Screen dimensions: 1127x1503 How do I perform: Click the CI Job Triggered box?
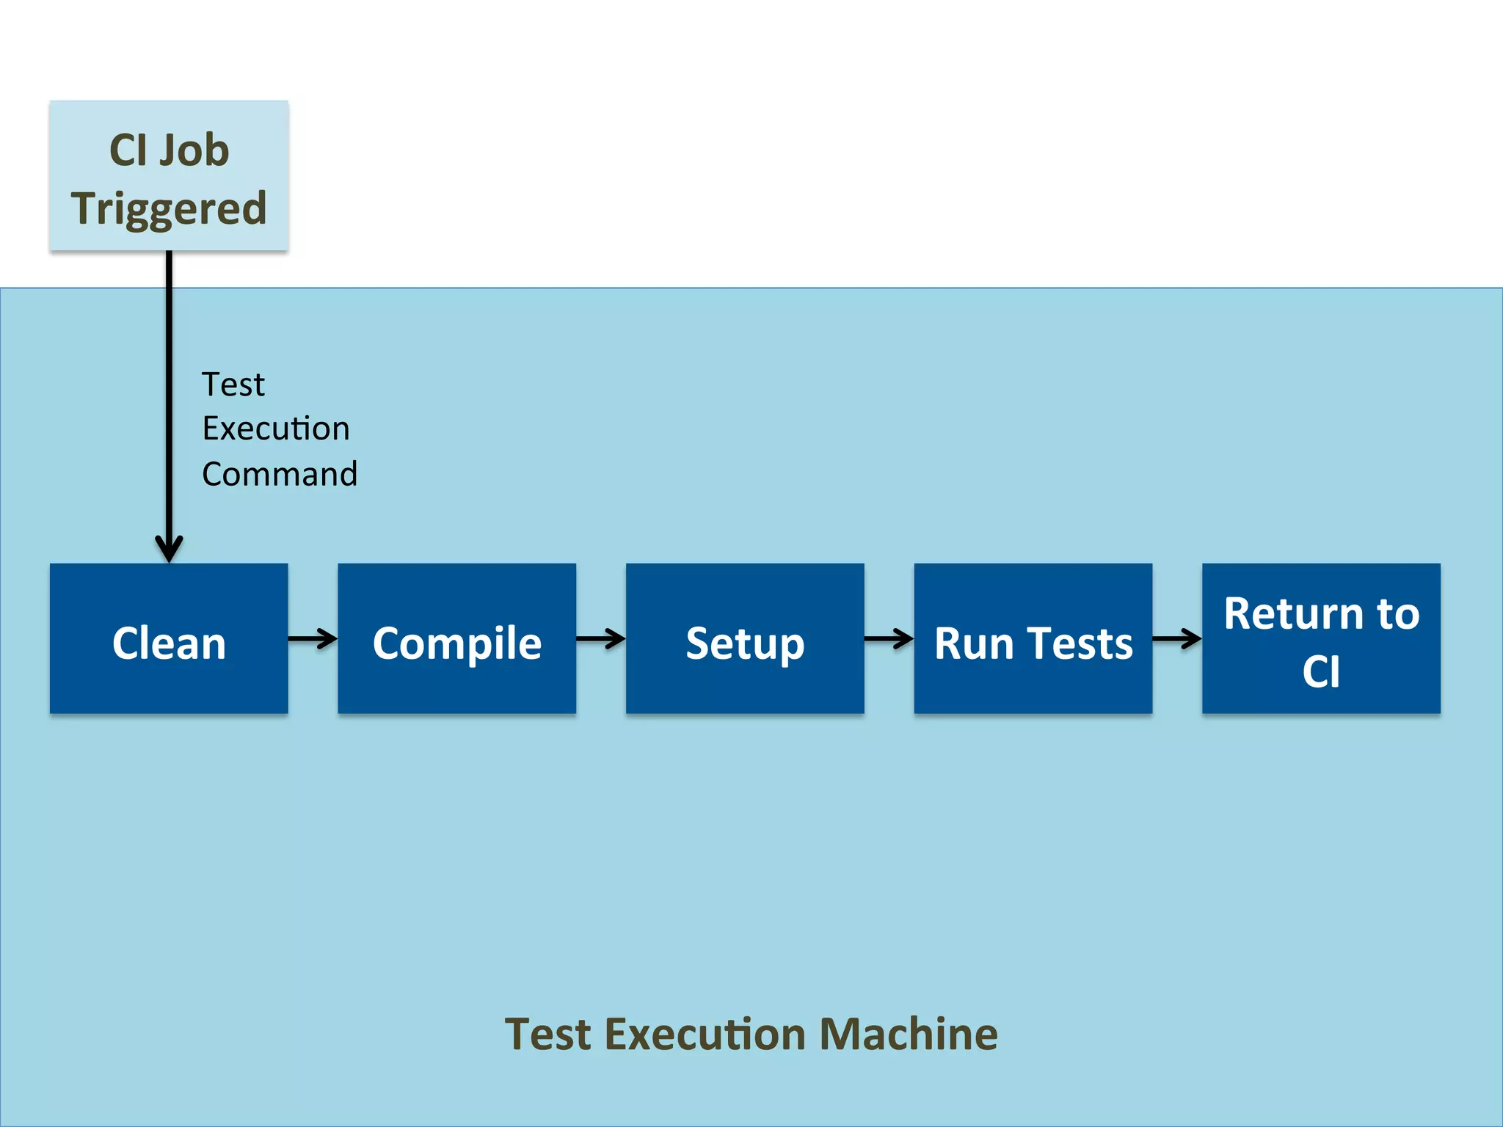(x=169, y=176)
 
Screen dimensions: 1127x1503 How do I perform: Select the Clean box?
(x=169, y=638)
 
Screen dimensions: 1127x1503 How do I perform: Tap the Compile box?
(x=456, y=638)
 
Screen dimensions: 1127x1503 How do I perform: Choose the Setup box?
(x=745, y=638)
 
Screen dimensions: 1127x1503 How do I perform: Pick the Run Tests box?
(x=1033, y=638)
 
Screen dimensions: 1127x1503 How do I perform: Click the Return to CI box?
(x=1321, y=638)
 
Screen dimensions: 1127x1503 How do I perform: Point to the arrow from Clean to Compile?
(x=313, y=638)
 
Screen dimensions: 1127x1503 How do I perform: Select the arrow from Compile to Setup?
(x=600, y=638)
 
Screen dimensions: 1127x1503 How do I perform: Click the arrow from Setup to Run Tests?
(x=889, y=638)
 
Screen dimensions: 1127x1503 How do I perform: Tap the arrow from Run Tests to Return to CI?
(x=1176, y=638)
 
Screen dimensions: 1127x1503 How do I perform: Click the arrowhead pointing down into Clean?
(x=169, y=549)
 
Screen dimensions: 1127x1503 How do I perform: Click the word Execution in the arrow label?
(x=276, y=428)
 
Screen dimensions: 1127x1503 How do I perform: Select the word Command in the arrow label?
(x=280, y=474)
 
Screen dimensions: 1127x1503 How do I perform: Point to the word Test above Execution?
(x=233, y=384)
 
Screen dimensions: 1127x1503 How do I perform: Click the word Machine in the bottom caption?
(x=908, y=1035)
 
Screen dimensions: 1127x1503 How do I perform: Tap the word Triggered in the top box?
(x=169, y=208)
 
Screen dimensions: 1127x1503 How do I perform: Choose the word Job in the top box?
(x=194, y=150)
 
